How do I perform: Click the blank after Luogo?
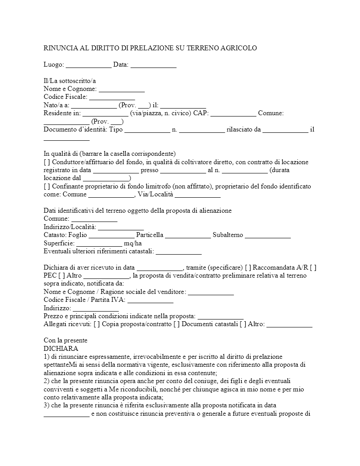pyautogui.click(x=89, y=65)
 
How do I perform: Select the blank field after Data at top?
pyautogui.click(x=154, y=65)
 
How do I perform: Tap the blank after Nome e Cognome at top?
pyautogui.click(x=122, y=89)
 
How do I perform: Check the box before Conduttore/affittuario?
pyautogui.click(x=47, y=162)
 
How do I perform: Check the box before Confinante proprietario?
pyautogui.click(x=47, y=186)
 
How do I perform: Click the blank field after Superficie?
pyautogui.click(x=99, y=243)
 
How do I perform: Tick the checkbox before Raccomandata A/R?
pyautogui.click(x=248, y=267)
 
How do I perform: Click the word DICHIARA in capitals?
pyautogui.click(x=61, y=348)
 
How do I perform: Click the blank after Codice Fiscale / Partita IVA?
pyautogui.click(x=150, y=300)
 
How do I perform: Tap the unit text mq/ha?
pyautogui.click(x=133, y=243)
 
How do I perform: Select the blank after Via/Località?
pyautogui.click(x=198, y=195)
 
